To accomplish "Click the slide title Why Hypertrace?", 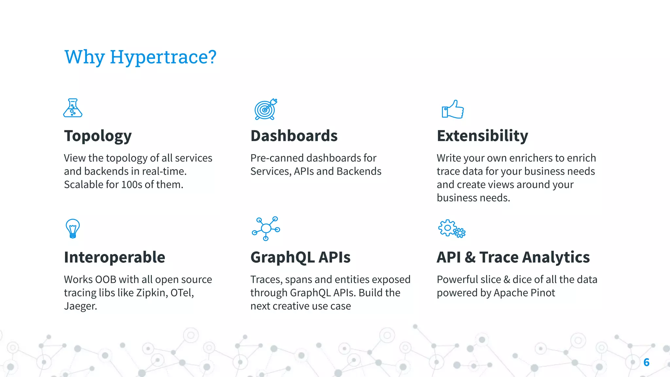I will point(140,57).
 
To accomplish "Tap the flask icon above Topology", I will point(73,108).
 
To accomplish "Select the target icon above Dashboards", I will point(266,109).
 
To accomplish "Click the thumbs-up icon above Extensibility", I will point(453,110).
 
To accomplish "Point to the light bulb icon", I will point(73,228).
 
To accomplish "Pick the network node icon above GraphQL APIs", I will point(266,228).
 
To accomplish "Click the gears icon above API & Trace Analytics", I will point(451,228).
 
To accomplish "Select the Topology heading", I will point(98,136).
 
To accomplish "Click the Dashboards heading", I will point(294,136).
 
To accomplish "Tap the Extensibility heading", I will point(482,136).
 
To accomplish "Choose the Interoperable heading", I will point(115,257).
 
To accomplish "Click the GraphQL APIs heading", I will point(300,257).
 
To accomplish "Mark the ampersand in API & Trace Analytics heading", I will point(470,257).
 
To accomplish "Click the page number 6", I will point(646,362).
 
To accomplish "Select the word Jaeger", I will point(80,306).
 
